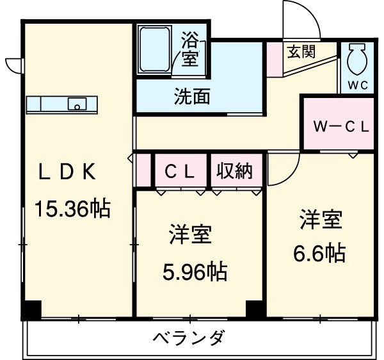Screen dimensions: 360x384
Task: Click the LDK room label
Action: click(x=67, y=171)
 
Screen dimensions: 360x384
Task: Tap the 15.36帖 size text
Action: click(x=71, y=208)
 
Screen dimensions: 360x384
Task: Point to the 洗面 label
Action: click(x=192, y=97)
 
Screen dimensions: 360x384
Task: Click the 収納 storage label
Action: click(x=234, y=172)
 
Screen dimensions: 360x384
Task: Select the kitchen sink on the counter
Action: click(x=77, y=104)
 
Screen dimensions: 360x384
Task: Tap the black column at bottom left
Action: click(x=31, y=309)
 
